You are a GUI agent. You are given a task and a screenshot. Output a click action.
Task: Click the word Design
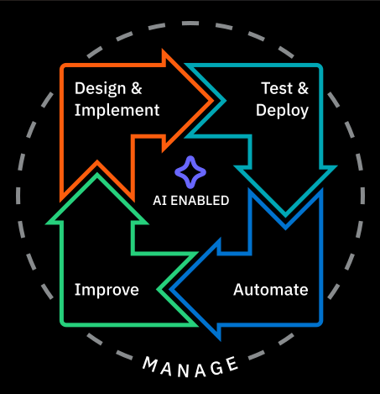101,89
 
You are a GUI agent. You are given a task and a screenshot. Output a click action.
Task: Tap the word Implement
117,110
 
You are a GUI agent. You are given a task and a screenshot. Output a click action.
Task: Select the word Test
277,88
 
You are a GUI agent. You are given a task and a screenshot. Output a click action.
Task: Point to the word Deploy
282,111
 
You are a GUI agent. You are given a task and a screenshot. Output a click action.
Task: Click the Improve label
107,290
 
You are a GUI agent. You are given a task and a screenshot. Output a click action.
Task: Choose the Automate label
271,290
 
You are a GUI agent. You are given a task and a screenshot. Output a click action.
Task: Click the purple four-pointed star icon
190,172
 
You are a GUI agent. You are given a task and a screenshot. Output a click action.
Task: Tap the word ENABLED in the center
200,201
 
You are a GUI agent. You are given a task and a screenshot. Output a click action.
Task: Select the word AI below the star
159,201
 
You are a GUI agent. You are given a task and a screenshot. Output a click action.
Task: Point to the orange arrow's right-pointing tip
212,101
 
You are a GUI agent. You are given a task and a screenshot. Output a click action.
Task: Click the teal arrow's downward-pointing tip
285,216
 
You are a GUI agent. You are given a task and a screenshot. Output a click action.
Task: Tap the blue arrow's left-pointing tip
171,290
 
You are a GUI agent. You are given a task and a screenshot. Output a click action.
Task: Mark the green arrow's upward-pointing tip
97,174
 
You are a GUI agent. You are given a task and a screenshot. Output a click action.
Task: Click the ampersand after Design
137,88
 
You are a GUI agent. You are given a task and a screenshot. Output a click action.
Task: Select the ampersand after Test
303,88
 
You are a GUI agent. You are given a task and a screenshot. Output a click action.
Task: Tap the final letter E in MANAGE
232,364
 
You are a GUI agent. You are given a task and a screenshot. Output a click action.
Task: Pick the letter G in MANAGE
216,369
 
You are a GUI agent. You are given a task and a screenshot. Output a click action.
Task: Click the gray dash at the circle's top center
190,24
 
